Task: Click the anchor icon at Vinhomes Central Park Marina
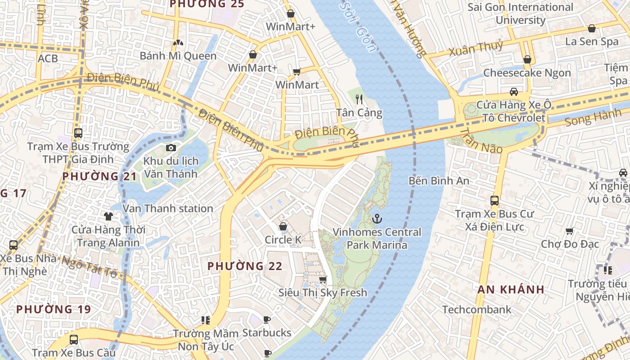click(377, 219)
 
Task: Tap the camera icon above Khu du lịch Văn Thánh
click(171, 148)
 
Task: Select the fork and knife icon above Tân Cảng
click(359, 99)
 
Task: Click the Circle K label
click(283, 240)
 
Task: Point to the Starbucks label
click(267, 333)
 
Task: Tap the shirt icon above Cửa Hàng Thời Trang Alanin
click(108, 216)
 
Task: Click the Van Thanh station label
click(168, 208)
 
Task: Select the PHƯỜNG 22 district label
click(245, 266)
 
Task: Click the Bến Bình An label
click(439, 181)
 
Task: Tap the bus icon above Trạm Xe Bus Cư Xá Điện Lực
click(495, 201)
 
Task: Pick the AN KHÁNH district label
click(511, 289)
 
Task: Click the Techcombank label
click(477, 310)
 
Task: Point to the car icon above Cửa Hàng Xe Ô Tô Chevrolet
click(513, 92)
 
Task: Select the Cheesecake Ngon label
click(527, 73)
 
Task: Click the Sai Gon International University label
click(520, 13)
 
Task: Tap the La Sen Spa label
click(592, 41)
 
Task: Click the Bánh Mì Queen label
click(178, 56)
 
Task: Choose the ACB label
click(48, 58)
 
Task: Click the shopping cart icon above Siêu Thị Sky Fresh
click(323, 280)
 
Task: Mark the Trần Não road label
click(481, 140)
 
